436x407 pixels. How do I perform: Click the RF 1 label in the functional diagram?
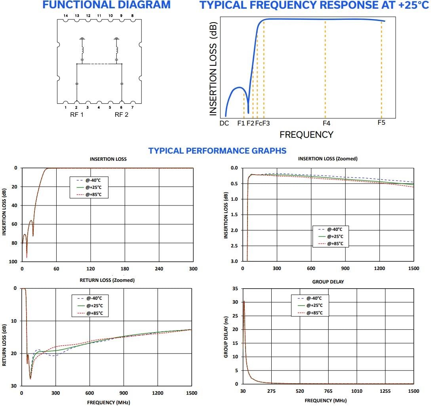[x=77, y=115]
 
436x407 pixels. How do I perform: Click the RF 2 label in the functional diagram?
[x=122, y=115]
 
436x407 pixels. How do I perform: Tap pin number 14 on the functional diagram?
[x=66, y=15]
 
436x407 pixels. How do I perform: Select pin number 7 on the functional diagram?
[x=132, y=107]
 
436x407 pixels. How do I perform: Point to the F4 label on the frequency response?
[x=326, y=123]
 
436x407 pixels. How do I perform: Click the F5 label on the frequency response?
[x=381, y=122]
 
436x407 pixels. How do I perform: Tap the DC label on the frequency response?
[x=224, y=123]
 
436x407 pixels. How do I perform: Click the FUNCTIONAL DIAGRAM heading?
[x=107, y=5]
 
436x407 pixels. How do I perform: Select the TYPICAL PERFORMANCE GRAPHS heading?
[x=217, y=151]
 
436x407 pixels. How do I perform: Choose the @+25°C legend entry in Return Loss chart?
[x=94, y=306]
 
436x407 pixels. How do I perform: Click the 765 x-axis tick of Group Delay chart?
[x=328, y=391]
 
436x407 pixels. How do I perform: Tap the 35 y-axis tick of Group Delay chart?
[x=235, y=289]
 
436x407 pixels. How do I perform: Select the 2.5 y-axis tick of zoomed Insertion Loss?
[x=234, y=246]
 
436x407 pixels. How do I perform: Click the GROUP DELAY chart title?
[x=328, y=282]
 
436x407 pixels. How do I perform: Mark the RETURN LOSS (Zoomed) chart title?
[x=107, y=280]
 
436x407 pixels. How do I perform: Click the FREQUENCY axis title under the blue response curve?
[x=306, y=135]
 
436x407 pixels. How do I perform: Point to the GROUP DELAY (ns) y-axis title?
[x=226, y=336]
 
